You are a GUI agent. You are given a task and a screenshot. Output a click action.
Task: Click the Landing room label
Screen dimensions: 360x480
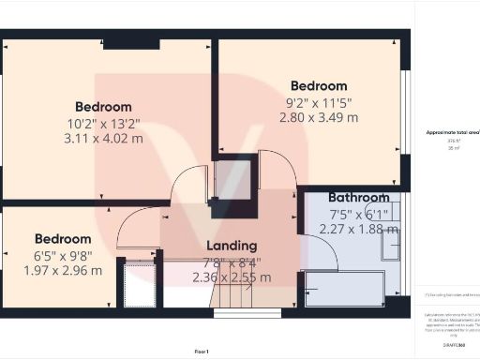click(x=232, y=246)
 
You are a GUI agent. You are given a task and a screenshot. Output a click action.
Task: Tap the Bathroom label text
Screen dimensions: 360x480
click(x=358, y=198)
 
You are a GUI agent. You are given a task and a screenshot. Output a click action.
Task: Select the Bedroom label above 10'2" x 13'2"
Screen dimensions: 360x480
click(x=103, y=107)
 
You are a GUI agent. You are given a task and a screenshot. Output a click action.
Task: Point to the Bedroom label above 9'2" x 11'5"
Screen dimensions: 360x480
click(x=319, y=86)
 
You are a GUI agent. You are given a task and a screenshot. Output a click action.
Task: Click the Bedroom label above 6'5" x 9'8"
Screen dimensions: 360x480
click(x=63, y=239)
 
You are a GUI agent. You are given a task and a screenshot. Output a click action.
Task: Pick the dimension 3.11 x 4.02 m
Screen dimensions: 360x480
click(x=103, y=138)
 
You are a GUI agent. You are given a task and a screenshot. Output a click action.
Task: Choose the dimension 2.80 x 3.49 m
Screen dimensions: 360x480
click(x=319, y=117)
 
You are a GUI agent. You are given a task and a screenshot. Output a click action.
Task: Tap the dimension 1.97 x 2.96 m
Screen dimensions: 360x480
click(x=63, y=271)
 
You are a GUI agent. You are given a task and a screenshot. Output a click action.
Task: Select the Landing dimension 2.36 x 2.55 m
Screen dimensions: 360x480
click(x=232, y=277)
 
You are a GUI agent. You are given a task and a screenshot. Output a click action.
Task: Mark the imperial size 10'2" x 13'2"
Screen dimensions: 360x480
click(x=103, y=122)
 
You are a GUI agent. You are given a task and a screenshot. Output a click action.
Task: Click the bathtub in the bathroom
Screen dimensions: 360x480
click(x=345, y=288)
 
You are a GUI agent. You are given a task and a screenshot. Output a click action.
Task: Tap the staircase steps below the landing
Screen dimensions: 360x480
click(x=246, y=298)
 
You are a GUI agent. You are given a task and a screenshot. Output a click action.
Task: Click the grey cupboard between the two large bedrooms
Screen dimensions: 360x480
click(x=232, y=180)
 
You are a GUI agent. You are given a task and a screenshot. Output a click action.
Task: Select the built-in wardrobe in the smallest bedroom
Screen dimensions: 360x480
click(x=139, y=284)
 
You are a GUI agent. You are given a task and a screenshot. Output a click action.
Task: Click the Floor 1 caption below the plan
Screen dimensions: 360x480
click(x=201, y=351)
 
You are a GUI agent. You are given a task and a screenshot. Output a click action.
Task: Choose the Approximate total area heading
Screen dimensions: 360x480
click(x=452, y=133)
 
